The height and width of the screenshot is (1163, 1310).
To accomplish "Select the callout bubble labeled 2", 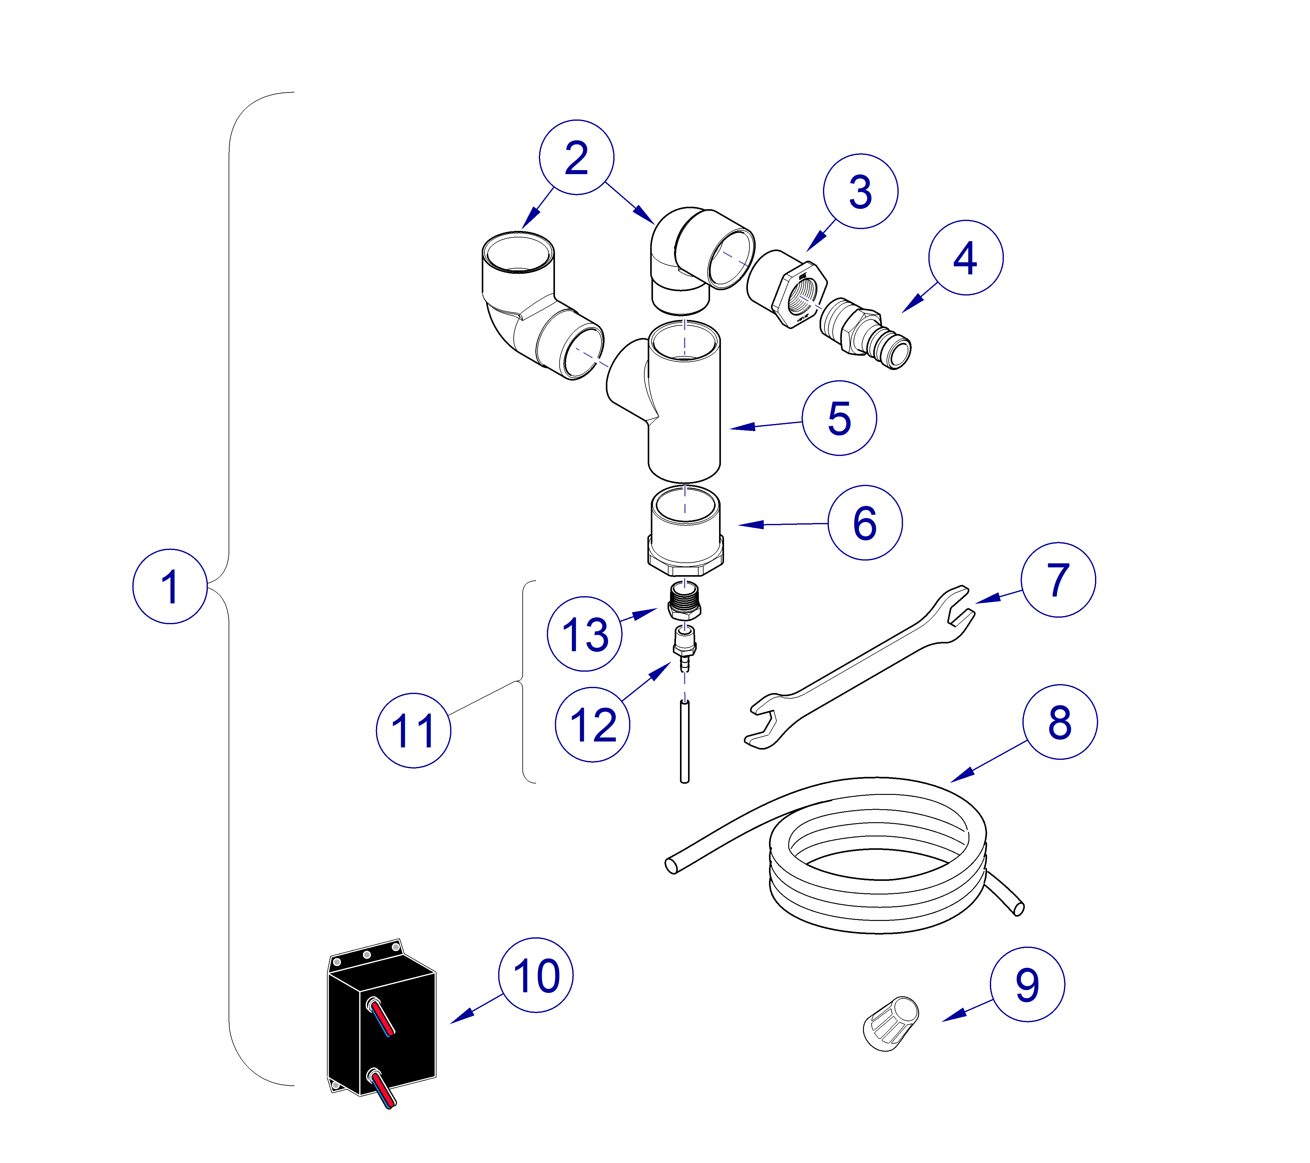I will (576, 157).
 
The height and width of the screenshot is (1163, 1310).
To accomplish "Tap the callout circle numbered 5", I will (839, 418).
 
